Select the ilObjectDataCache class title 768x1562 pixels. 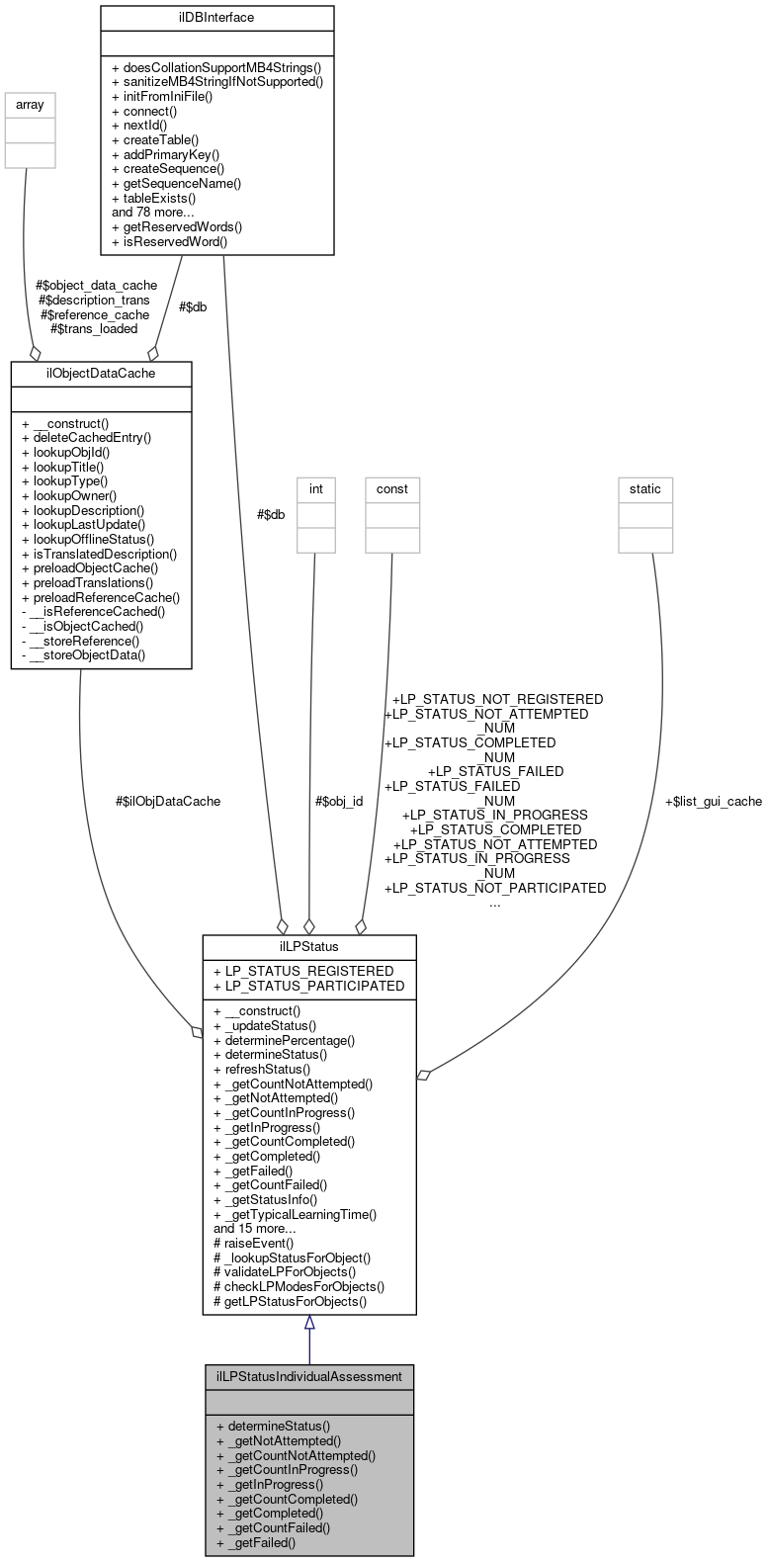101,373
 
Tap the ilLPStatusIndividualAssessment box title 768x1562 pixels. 308,1375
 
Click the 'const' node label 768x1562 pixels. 391,487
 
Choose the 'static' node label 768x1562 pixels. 645,487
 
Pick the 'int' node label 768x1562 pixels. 316,487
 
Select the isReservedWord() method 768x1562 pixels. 169,240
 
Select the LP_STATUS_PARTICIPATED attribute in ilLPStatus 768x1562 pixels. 308,985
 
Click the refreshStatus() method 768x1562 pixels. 261,1069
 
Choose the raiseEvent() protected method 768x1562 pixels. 253,1243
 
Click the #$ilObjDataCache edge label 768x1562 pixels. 168,801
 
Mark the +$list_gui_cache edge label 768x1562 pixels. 713,801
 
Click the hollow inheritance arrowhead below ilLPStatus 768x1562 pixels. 309,1323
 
